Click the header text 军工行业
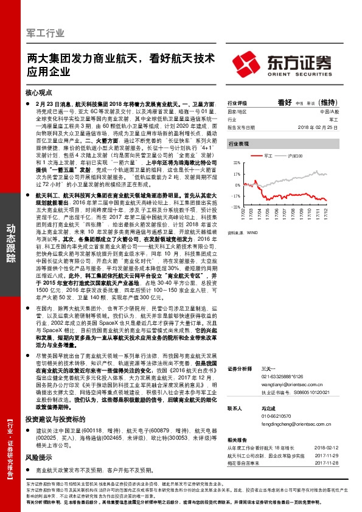(47, 32)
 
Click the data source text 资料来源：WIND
(243, 232)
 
